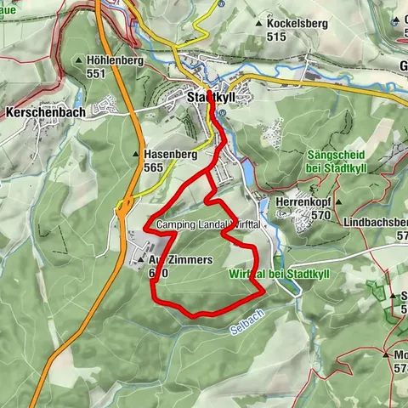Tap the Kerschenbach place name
pyautogui.click(x=37, y=111)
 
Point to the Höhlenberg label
pyautogui.click(x=112, y=61)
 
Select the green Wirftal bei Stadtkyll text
pyautogui.click(x=274, y=273)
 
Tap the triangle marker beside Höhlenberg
pyautogui.click(x=78, y=61)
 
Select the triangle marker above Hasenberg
pyautogui.click(x=135, y=155)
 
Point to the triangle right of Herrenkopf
pyautogui.click(x=337, y=202)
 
